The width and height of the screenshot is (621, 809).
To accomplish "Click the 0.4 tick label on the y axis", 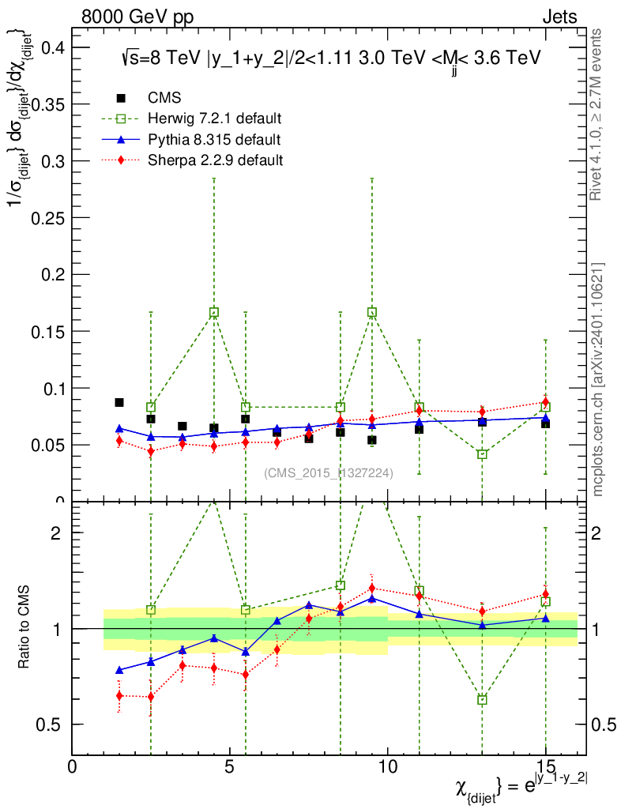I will (x=49, y=47).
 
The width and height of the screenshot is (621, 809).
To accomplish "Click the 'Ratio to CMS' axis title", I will (x=25, y=628).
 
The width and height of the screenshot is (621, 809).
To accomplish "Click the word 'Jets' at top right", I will (x=559, y=17).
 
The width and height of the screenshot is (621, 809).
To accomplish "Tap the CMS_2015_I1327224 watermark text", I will (x=329, y=473).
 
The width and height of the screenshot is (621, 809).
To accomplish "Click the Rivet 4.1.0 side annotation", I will (x=597, y=115).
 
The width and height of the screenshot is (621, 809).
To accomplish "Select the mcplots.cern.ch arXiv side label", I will (x=598, y=379).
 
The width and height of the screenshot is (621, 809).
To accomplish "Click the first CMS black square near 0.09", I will (x=119, y=402).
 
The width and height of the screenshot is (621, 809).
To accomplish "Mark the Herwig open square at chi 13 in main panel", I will (x=482, y=454).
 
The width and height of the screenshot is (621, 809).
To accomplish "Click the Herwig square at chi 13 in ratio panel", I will (x=482, y=700).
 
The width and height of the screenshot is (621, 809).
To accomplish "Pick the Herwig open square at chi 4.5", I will (x=214, y=313).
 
